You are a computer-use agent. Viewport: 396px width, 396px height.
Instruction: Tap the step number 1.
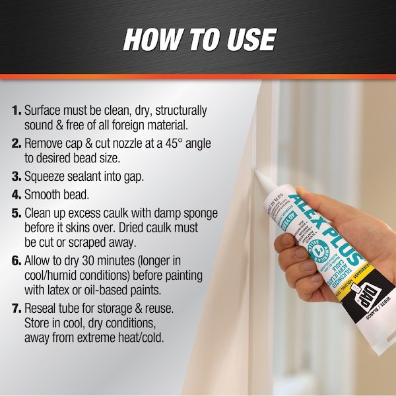(16, 110)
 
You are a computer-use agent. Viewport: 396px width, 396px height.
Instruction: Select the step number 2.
(16, 143)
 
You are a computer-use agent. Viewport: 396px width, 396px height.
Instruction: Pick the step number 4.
(16, 195)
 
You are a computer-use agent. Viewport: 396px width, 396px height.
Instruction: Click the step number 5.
(16, 214)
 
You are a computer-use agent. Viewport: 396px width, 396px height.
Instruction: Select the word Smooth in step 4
(46, 195)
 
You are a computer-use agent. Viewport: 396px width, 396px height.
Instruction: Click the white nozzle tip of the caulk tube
(259, 178)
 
